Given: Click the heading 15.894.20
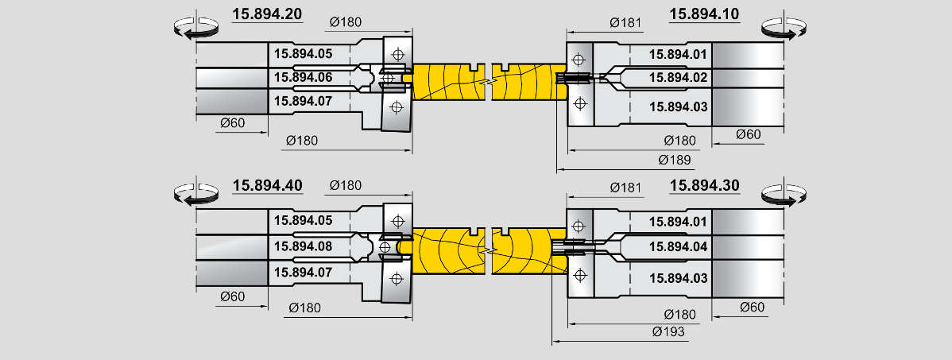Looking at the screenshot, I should [x=267, y=14].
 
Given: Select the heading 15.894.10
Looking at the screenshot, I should [x=705, y=14].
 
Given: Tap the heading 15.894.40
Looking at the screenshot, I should [x=267, y=185].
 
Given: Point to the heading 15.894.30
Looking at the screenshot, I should [x=705, y=185].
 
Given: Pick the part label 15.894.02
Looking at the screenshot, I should [x=677, y=77].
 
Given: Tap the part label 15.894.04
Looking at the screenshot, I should [x=677, y=246].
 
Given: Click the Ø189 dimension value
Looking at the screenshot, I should [x=675, y=161].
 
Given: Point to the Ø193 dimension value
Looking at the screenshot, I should [x=668, y=331].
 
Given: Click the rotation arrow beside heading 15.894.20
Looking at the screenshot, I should [x=195, y=28].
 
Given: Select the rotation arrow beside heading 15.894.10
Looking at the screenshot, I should [x=784, y=28].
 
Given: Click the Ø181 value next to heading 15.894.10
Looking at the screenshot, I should [x=626, y=22].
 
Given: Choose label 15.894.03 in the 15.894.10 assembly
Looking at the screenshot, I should [x=677, y=106].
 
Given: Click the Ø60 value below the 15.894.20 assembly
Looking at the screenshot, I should [x=232, y=122].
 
